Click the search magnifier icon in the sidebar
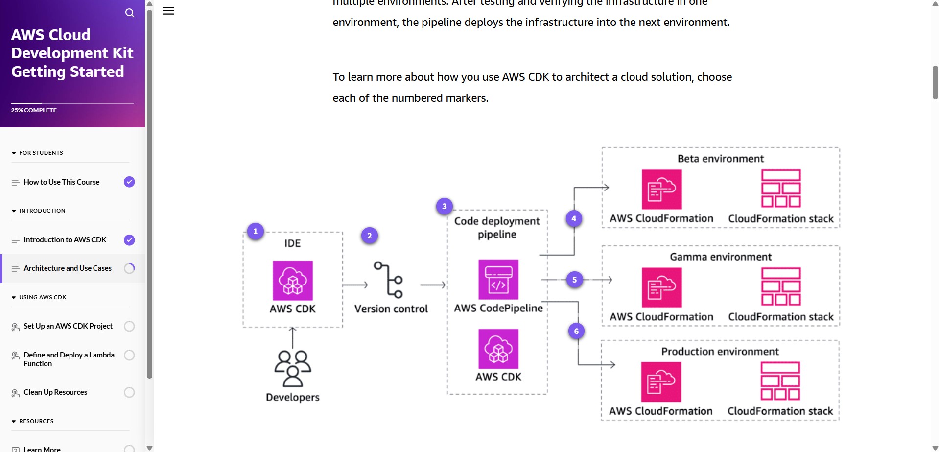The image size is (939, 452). coord(129,13)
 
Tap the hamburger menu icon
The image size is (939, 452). coord(168,11)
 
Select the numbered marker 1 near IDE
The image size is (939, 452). coord(255,231)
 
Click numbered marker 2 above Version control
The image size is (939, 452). coord(370,236)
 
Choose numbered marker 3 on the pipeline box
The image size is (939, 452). coord(445,206)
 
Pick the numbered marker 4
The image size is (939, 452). coord(574,218)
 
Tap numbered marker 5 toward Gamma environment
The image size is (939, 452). coord(575,280)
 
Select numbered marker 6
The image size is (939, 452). coord(577,331)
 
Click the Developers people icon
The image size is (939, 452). coord(293,369)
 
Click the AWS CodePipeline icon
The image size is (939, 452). coord(498,280)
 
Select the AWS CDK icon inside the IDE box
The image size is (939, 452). coord(293,281)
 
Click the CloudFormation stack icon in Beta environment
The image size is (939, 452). coord(781,189)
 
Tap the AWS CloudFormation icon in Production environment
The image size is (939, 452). coord(661,382)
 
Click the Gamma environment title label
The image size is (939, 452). coord(721,257)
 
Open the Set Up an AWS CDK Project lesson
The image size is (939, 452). coord(68,326)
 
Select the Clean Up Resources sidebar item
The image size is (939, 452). coord(55,392)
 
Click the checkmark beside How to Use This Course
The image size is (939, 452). coord(129,182)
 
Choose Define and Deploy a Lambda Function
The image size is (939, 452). coord(69,359)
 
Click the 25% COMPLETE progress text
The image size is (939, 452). coord(34,110)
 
